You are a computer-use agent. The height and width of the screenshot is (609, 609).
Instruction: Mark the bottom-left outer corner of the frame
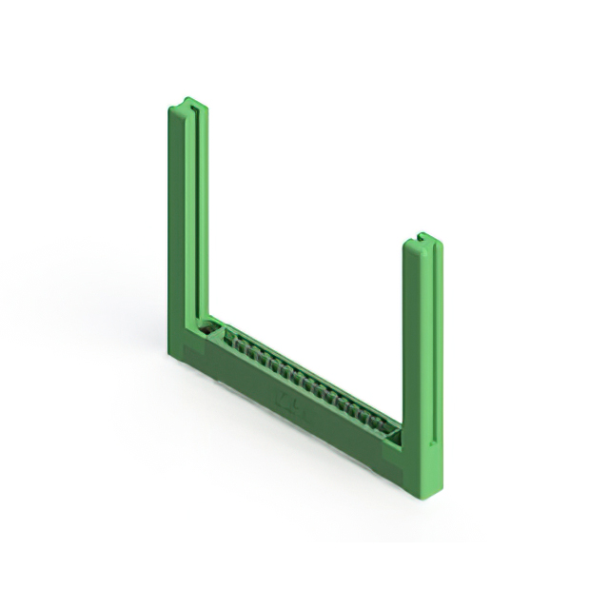tap(171, 357)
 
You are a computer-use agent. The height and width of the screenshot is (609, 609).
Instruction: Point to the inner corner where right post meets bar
tap(402, 425)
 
